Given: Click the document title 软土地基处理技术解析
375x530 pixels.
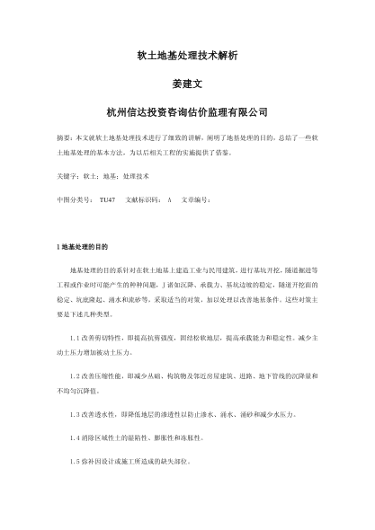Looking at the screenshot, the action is [x=187, y=57].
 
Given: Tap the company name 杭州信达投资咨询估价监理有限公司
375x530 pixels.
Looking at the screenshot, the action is [x=187, y=112].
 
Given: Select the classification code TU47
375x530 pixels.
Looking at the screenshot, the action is [x=107, y=199].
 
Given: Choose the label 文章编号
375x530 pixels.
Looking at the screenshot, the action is [x=196, y=199].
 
